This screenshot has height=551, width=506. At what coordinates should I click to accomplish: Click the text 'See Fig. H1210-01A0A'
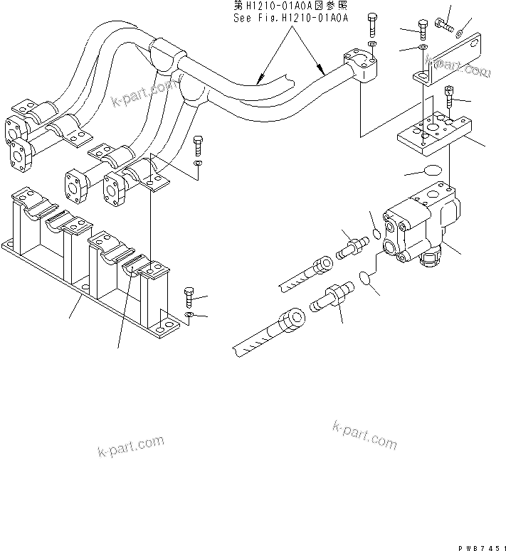[290, 19]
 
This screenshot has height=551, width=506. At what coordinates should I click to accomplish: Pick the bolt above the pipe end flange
[372, 26]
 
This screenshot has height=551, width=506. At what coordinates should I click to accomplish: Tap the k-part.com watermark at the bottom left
[130, 447]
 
